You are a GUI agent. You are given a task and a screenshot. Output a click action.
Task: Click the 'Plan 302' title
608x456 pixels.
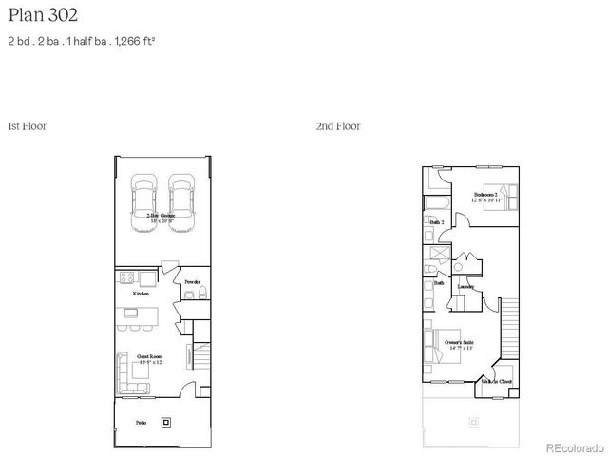pyautogui.click(x=43, y=15)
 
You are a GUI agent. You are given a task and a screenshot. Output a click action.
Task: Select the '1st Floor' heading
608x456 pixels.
pyautogui.click(x=27, y=125)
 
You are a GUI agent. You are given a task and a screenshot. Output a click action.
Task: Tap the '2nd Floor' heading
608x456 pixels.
pyautogui.click(x=338, y=125)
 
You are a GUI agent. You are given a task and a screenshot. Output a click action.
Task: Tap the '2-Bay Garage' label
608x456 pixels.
pyautogui.click(x=160, y=217)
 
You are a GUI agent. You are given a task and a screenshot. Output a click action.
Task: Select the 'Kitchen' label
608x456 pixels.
pyautogui.click(x=141, y=294)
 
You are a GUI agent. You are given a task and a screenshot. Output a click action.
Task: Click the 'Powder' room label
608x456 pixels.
pyautogui.click(x=192, y=282)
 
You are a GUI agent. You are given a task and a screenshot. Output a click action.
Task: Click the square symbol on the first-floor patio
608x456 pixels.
pyautogui.click(x=168, y=421)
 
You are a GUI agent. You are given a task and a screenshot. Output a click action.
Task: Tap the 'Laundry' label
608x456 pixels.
pyautogui.click(x=465, y=286)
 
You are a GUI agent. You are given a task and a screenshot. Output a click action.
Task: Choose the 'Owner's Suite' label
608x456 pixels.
pyautogui.click(x=459, y=341)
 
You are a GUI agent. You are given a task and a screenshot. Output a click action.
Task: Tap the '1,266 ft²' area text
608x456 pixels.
pyautogui.click(x=134, y=41)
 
